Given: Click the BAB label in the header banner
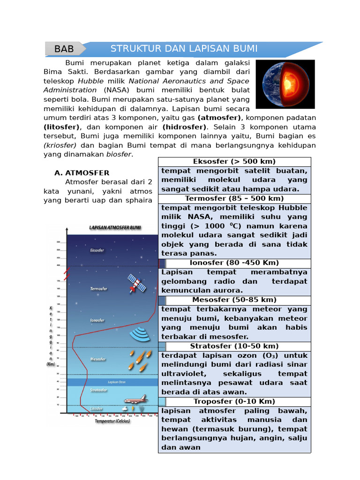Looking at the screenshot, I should point(64,49).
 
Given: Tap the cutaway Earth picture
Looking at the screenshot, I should point(288,84).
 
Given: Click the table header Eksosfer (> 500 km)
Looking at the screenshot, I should point(234,162).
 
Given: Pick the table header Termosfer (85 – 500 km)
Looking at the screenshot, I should point(234,198).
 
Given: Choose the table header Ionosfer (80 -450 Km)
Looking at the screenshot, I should point(234,262).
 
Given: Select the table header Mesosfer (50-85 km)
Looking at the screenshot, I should point(234,300).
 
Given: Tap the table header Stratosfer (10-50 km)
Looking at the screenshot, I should point(234,346).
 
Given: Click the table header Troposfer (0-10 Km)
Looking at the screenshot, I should point(234,401).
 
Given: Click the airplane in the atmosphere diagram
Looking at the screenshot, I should point(135,399).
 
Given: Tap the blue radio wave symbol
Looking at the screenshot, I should point(140,334).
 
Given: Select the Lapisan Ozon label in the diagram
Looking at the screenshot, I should point(116,382).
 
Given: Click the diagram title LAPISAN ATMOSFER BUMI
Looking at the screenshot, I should point(115,227).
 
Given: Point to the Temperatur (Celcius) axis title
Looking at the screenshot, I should point(112,421).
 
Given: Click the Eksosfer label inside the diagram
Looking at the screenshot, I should point(97,250).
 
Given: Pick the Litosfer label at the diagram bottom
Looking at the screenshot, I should point(97,409).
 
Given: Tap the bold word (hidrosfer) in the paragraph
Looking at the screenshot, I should point(184,127).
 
